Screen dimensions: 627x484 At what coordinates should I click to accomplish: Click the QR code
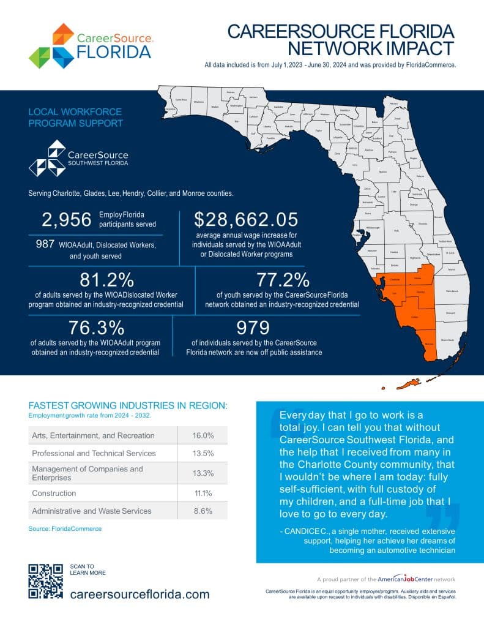46,580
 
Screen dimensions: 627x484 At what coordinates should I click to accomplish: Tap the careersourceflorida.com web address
140,594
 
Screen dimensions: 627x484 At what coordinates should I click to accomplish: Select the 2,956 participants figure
66,220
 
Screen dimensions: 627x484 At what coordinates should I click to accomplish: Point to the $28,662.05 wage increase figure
247,220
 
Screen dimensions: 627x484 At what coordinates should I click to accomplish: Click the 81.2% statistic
106,280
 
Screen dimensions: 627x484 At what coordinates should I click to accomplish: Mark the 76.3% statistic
96,328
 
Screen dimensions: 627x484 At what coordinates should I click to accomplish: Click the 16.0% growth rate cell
203,435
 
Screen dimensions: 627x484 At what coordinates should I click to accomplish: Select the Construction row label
54,493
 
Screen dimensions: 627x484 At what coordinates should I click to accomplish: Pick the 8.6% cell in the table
203,510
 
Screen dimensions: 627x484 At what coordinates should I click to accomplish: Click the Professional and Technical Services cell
94,453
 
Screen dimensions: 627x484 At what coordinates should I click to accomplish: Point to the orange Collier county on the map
414,317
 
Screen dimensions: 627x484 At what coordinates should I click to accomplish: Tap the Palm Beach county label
454,291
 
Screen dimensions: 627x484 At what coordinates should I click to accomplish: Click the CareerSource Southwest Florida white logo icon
47,157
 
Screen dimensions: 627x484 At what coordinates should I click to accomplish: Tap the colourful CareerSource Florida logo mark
51,45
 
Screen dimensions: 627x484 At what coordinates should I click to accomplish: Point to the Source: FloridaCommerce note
65,528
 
